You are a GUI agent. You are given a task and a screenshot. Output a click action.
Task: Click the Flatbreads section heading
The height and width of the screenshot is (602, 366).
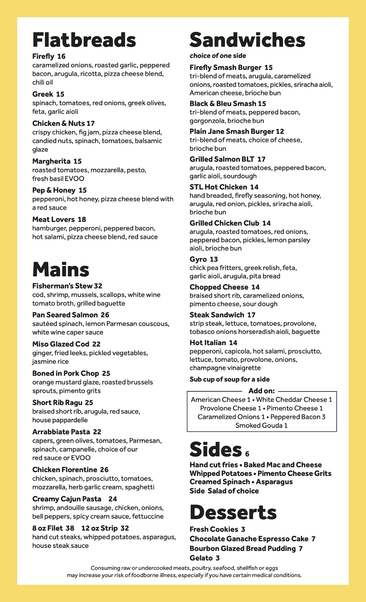click(x=84, y=40)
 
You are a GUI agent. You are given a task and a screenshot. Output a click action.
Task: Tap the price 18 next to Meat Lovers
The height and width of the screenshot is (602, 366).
click(x=82, y=219)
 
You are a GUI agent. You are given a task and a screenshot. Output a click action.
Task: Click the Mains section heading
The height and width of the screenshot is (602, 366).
click(x=61, y=269)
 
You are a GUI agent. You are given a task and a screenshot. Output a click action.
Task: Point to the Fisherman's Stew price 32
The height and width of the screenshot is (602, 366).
click(x=98, y=286)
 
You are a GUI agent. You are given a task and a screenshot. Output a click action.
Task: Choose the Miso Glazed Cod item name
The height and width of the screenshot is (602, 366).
click(x=61, y=344)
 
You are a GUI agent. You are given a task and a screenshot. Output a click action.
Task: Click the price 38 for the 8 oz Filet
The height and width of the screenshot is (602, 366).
click(x=70, y=528)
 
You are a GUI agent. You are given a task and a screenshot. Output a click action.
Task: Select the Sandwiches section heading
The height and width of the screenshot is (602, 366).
click(x=247, y=40)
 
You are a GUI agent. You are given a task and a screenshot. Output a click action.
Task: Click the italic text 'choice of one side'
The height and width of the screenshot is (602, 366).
click(x=218, y=56)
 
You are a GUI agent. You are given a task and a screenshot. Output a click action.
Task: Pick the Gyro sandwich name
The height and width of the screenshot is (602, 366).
click(x=198, y=259)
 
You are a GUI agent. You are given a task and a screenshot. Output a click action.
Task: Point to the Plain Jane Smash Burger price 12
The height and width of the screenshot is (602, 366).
click(x=280, y=132)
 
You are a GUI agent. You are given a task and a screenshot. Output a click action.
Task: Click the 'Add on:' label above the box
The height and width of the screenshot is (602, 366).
click(x=261, y=391)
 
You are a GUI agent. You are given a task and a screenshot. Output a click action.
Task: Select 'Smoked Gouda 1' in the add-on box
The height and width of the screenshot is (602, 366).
click(x=261, y=425)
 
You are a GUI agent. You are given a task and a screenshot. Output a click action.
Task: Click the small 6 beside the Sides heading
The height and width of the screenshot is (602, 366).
click(x=247, y=454)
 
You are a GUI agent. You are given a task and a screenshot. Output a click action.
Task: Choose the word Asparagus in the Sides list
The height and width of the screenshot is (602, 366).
click(x=274, y=482)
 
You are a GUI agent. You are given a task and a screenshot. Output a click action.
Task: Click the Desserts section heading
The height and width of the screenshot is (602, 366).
click(x=233, y=512)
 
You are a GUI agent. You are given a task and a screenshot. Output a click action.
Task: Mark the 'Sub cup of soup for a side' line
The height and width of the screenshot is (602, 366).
click(x=229, y=379)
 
